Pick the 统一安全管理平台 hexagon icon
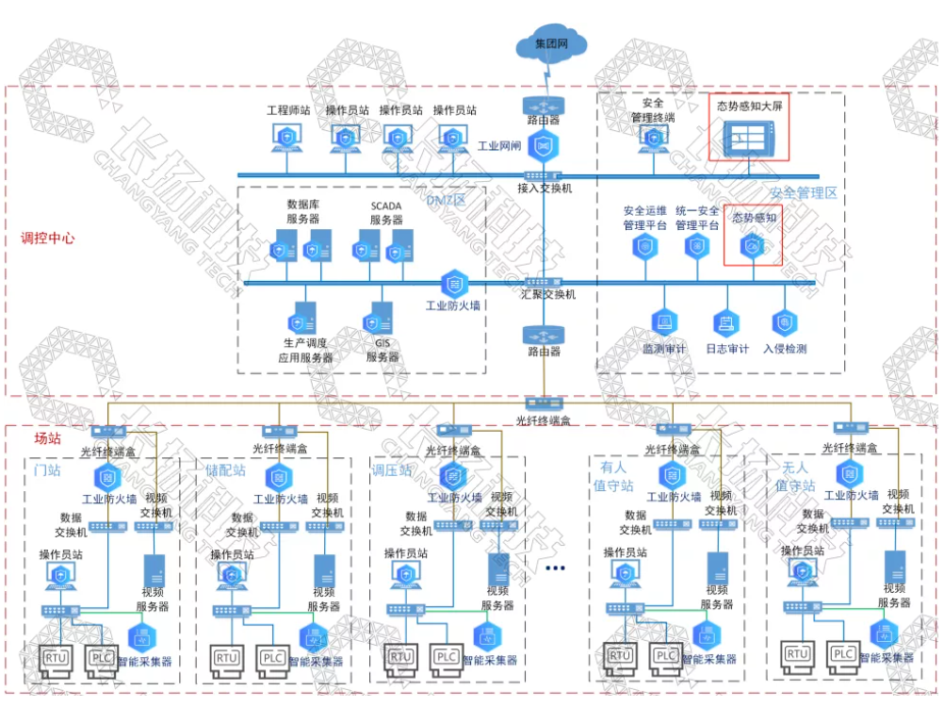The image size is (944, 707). tap(697, 247)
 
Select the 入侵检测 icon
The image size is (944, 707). tap(783, 324)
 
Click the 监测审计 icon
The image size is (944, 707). tap(664, 324)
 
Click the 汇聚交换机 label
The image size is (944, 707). tap(547, 295)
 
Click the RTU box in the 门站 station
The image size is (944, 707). tap(54, 658)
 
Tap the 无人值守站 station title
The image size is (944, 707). tap(794, 476)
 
